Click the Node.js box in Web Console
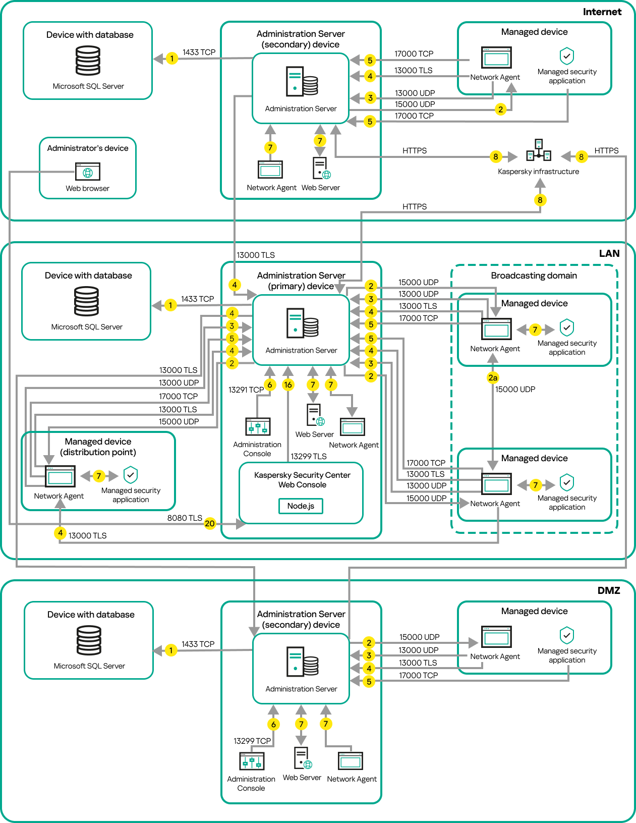coord(301,506)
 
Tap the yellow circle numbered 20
coord(210,523)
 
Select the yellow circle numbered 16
coord(288,385)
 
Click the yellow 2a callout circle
coord(493,377)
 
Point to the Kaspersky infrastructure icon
coord(539,150)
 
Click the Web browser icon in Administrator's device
coord(88,172)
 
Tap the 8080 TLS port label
coord(185,518)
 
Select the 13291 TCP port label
coord(246,390)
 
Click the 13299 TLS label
coord(309,456)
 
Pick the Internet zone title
coord(602,12)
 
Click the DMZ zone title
coord(609,590)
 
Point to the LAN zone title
coord(609,253)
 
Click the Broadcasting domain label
coord(534,276)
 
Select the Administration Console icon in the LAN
coord(258,426)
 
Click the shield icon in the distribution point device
coord(131,475)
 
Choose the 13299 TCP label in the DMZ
coord(252,741)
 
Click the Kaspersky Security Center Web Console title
coord(302,480)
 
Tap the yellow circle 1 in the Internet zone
coord(172,59)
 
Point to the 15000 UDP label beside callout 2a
coord(515,389)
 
